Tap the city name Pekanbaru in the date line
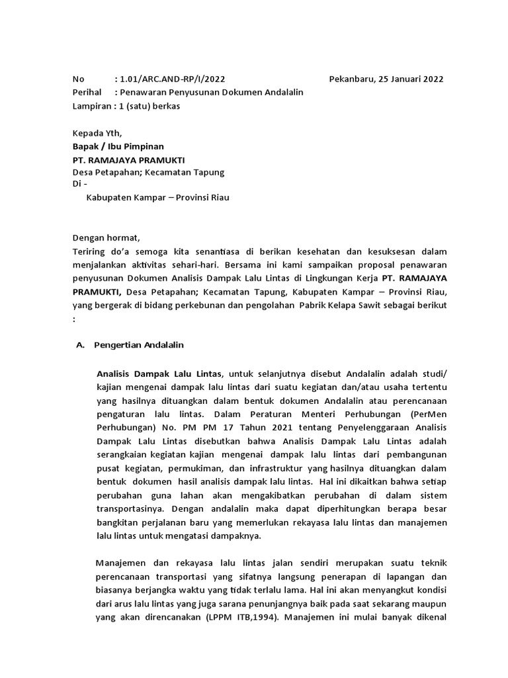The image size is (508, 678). [352, 79]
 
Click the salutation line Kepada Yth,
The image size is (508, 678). [97, 133]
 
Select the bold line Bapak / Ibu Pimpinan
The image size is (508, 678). [118, 146]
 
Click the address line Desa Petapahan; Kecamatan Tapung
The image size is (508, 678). [149, 172]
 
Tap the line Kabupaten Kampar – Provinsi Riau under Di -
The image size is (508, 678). [158, 198]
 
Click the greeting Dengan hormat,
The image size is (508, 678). [106, 238]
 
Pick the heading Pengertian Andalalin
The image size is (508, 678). [139, 345]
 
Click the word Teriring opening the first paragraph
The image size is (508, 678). [90, 252]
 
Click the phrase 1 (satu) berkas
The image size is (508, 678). [149, 106]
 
